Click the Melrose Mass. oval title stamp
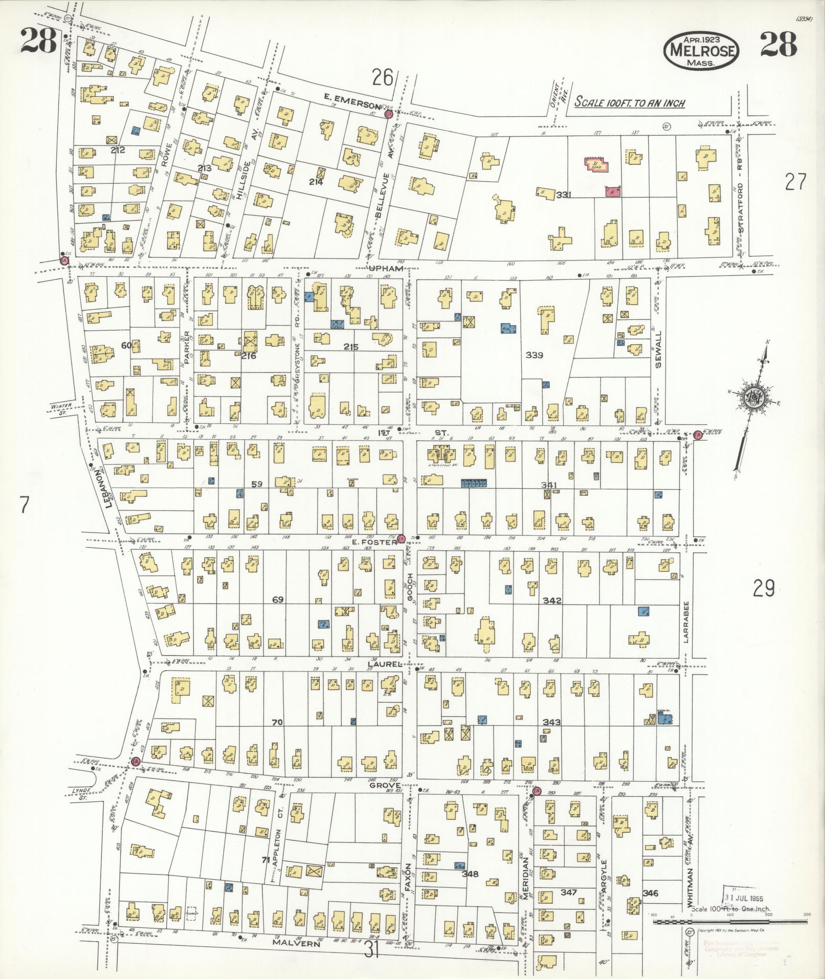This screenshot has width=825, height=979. click(701, 50)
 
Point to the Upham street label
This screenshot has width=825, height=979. click(389, 268)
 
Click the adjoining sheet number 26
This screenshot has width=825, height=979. click(382, 78)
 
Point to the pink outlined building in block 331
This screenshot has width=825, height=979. click(596, 165)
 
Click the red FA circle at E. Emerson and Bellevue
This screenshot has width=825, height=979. click(389, 114)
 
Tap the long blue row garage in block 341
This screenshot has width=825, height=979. click(474, 482)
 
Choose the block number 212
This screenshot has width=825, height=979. click(118, 150)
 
